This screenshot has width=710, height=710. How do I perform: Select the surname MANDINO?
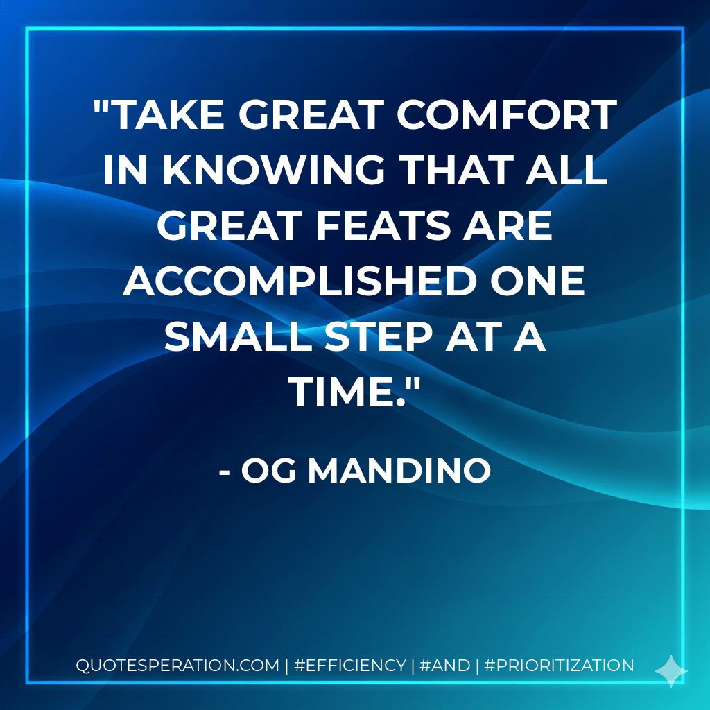click(399, 471)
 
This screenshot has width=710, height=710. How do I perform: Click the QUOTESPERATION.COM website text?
click(177, 666)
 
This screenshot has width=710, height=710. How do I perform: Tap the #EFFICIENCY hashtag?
click(349, 666)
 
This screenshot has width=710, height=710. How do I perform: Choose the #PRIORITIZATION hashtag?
click(559, 666)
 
